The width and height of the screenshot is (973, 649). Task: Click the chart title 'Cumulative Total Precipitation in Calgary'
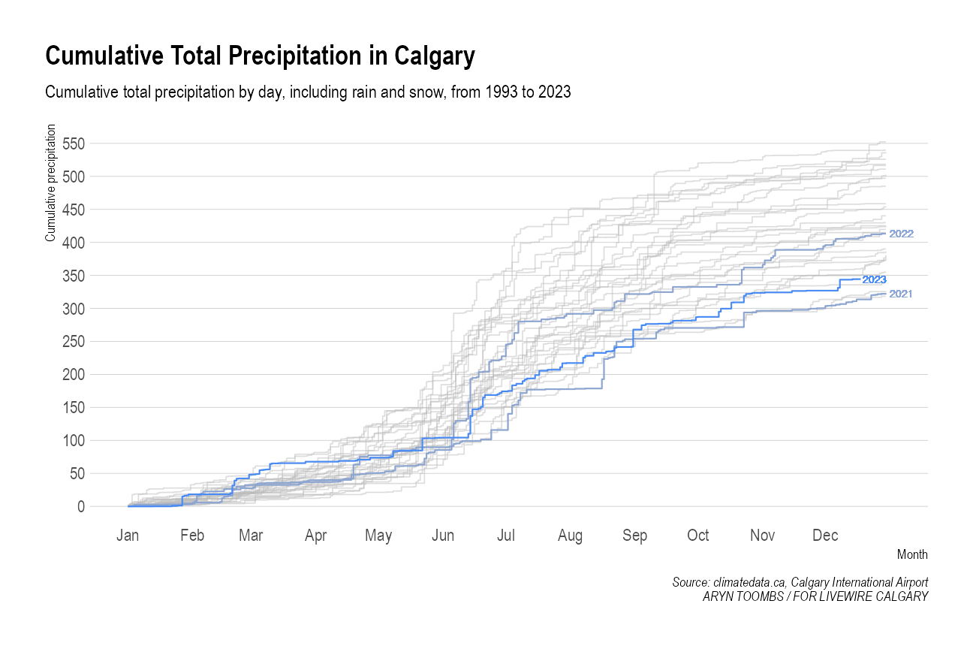pos(260,57)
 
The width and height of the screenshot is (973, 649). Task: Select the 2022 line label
pos(901,234)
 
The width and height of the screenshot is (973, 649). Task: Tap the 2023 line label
pos(875,279)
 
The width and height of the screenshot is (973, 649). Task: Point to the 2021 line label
pos(901,294)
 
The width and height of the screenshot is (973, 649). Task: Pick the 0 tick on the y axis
pos(80,507)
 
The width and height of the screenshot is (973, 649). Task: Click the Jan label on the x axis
pos(128,536)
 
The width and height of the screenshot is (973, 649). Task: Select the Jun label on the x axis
pos(443,536)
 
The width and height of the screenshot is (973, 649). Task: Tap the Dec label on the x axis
pos(826,536)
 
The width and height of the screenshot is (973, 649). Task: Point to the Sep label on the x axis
pos(635,536)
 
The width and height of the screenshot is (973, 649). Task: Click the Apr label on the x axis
pos(316,536)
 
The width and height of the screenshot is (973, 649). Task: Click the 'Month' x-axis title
pos(912,555)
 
